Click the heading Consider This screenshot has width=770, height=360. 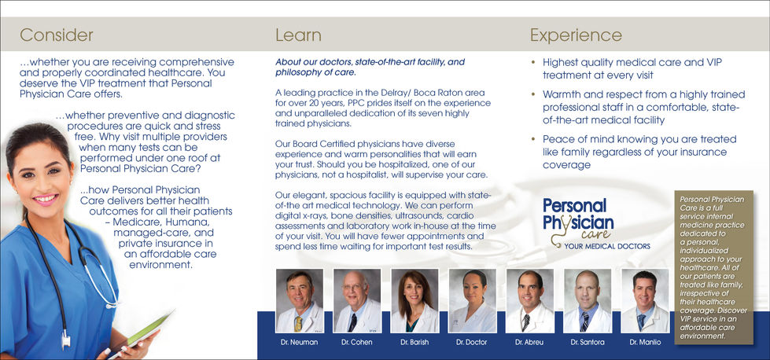click(x=57, y=35)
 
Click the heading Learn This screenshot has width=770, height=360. click(x=298, y=35)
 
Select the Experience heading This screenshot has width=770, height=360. click(x=576, y=35)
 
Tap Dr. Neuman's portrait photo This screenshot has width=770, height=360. click(x=299, y=300)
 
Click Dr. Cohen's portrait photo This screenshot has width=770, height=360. click(x=357, y=300)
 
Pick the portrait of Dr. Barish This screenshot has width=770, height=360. click(x=414, y=300)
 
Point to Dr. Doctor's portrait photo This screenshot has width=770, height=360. click(x=472, y=300)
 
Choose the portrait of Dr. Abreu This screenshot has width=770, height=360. click(x=530, y=300)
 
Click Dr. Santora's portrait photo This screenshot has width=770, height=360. click(x=587, y=300)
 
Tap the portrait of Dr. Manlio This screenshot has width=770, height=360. click(x=645, y=300)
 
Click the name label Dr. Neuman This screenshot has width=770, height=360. click(x=299, y=343)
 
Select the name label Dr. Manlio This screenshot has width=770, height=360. click(x=645, y=343)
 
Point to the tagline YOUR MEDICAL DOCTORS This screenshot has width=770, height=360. click(x=607, y=246)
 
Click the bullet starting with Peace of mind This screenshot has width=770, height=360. click(x=634, y=152)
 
